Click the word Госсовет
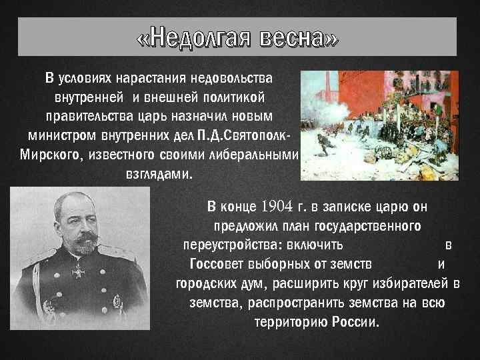(x=215, y=263)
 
